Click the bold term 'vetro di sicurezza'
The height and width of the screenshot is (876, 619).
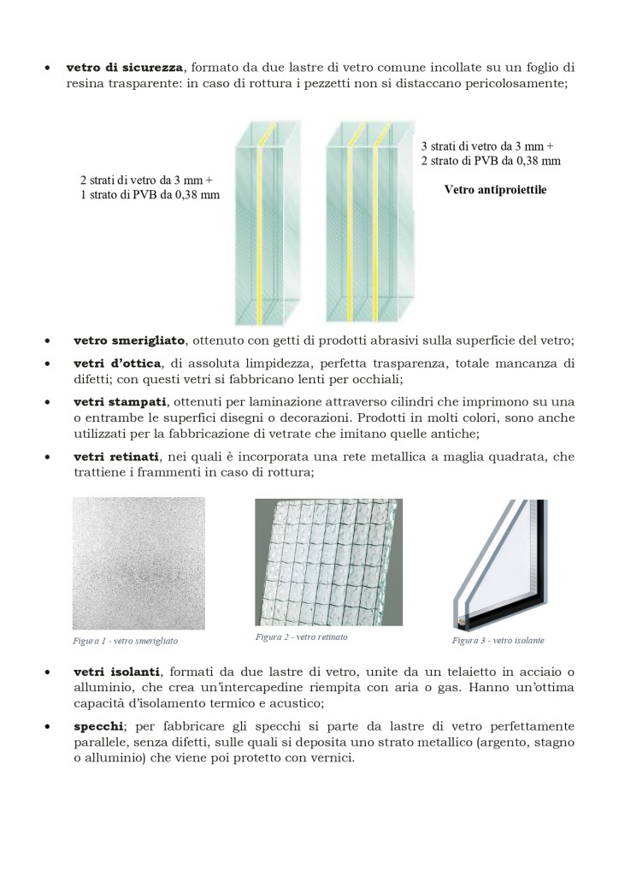[125, 67]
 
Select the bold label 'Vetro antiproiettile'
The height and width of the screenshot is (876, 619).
[495, 190]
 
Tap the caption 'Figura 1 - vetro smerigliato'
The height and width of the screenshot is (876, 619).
[125, 640]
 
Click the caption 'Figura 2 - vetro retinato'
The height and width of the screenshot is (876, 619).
[301, 637]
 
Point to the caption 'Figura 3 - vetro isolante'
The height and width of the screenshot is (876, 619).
[498, 640]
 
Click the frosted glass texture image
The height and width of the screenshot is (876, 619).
[139, 563]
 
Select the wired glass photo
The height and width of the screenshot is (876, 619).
[328, 563]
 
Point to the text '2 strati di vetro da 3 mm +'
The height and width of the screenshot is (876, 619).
[146, 181]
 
